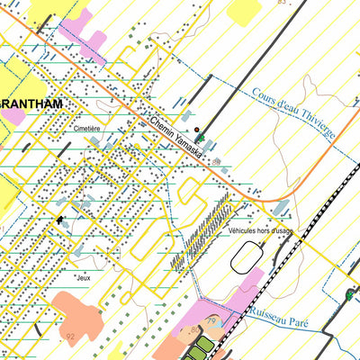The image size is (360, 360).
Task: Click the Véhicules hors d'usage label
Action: click(258, 231)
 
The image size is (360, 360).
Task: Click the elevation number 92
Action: click(70, 337)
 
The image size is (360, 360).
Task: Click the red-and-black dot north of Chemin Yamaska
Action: click(197, 129)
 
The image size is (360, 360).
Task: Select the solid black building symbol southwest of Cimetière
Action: click(60, 219)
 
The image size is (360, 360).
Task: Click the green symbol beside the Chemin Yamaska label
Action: click(202, 138)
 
